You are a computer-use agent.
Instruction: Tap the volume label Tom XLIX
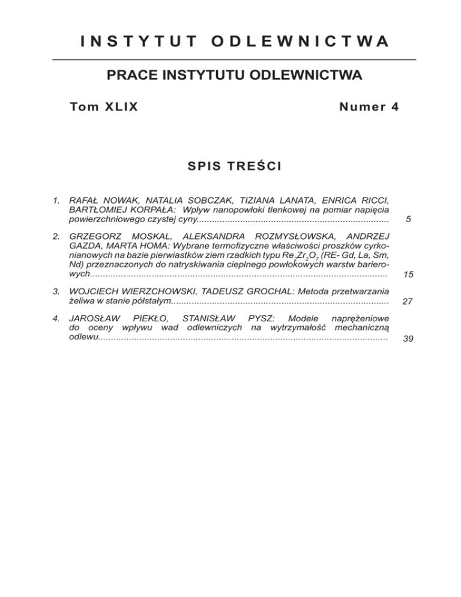point(104,107)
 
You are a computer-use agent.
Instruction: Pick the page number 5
point(408,220)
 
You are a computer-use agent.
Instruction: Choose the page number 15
point(408,274)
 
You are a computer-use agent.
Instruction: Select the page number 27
point(408,302)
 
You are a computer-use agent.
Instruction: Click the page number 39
point(408,339)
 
